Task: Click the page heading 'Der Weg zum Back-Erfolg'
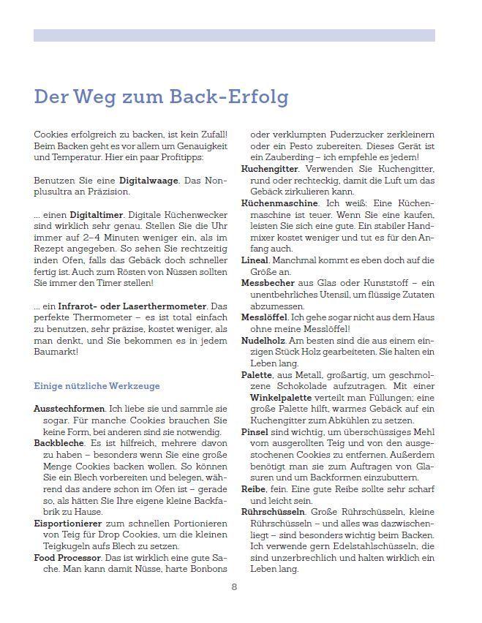coord(161,97)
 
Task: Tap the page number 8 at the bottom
coord(234,586)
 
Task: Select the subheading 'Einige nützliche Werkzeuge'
coord(92,385)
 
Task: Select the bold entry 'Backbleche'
coord(59,443)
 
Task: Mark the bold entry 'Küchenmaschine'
coord(279,203)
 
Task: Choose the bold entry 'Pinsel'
coord(255,431)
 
